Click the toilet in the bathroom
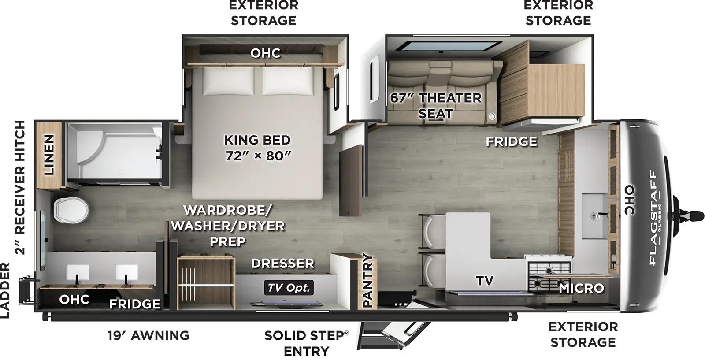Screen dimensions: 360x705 [71, 209]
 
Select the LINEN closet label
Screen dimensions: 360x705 [48, 155]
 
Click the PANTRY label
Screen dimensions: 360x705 [367, 281]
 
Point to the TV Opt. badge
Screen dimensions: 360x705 [289, 288]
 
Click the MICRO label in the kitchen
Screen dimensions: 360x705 [581, 288]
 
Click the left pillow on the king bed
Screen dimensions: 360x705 [228, 82]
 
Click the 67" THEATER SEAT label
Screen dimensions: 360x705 [435, 105]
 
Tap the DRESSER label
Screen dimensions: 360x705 [282, 264]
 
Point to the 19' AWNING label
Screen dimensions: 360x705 [148, 335]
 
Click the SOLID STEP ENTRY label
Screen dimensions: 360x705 [306, 343]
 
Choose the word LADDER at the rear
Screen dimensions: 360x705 [5, 290]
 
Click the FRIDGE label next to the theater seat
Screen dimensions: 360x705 [512, 141]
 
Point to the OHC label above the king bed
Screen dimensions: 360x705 [265, 53]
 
